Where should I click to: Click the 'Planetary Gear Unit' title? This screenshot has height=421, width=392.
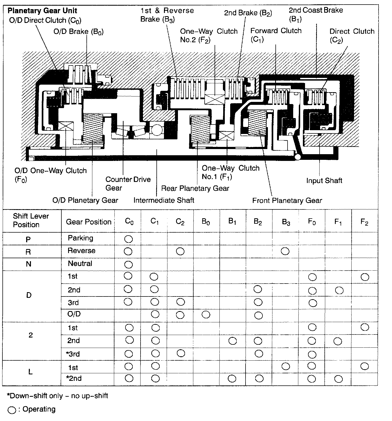pyautogui.click(x=42, y=11)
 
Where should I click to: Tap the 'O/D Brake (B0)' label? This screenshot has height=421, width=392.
pyautogui.click(x=78, y=32)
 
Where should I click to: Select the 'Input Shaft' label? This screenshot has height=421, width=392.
pyautogui.click(x=324, y=181)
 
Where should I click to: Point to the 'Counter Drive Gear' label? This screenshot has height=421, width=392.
pyautogui.click(x=128, y=184)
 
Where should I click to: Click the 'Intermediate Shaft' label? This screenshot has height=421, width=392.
pyautogui.click(x=164, y=200)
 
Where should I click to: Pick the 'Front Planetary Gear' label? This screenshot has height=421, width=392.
pyautogui.click(x=287, y=201)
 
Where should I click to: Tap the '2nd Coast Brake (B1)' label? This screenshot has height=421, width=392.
pyautogui.click(x=316, y=15)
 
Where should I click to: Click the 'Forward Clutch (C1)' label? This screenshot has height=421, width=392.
pyautogui.click(x=276, y=35)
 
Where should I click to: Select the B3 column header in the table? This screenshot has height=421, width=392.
pyautogui.click(x=286, y=222)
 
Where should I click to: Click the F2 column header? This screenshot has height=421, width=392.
pyautogui.click(x=364, y=222)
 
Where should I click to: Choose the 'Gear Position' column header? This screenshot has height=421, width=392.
pyautogui.click(x=89, y=222)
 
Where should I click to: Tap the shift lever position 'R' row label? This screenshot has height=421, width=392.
pyautogui.click(x=28, y=252)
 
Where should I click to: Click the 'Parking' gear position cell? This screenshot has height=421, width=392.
pyautogui.click(x=80, y=238)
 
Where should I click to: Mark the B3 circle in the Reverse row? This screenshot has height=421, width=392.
pyautogui.click(x=285, y=251)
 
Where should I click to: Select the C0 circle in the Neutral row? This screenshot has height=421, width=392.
pyautogui.click(x=128, y=264)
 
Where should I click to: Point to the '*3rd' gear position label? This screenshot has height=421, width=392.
pyautogui.click(x=73, y=354)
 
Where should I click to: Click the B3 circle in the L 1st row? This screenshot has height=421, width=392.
pyautogui.click(x=285, y=366)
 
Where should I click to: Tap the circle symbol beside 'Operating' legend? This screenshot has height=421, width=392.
pyautogui.click(x=12, y=410)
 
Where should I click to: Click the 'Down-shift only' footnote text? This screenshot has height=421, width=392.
pyautogui.click(x=57, y=396)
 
